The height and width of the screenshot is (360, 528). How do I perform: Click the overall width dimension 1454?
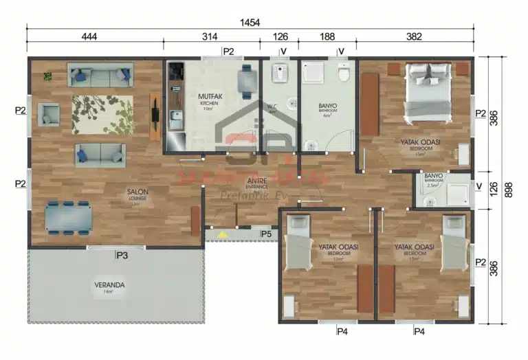[250, 23]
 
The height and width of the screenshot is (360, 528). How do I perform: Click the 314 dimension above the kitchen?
[211, 37]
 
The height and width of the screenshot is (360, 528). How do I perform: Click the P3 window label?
[122, 256]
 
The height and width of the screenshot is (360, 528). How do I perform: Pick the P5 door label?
[266, 234]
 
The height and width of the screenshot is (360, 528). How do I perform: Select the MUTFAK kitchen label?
[209, 96]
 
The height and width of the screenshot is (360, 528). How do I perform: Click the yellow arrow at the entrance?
[222, 234]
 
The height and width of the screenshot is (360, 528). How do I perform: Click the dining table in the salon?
[68, 218]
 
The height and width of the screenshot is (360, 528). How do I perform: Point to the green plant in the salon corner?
[47, 76]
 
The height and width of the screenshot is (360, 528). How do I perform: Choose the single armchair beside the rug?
[49, 114]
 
